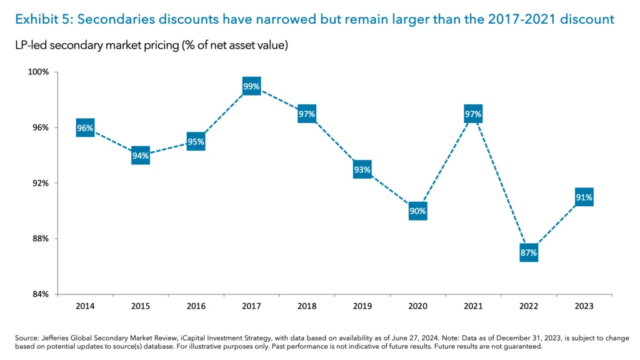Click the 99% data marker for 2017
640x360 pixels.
coord(251,86)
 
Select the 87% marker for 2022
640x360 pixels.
coord(528,253)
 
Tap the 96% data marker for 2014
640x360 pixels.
coord(85,128)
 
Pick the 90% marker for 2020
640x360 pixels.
coord(417,211)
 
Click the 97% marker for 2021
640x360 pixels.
coord(473,114)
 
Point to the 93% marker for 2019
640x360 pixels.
coord(362,169)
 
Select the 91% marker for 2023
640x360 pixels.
coord(584,197)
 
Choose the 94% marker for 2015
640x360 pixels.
coord(141,156)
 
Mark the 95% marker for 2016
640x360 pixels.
coord(196,142)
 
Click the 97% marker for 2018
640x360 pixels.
coord(307,114)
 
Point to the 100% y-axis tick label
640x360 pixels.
coord(40,72)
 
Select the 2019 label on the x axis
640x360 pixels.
coord(362,306)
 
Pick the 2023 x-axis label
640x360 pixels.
coord(584,306)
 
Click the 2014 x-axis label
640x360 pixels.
coord(85,306)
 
